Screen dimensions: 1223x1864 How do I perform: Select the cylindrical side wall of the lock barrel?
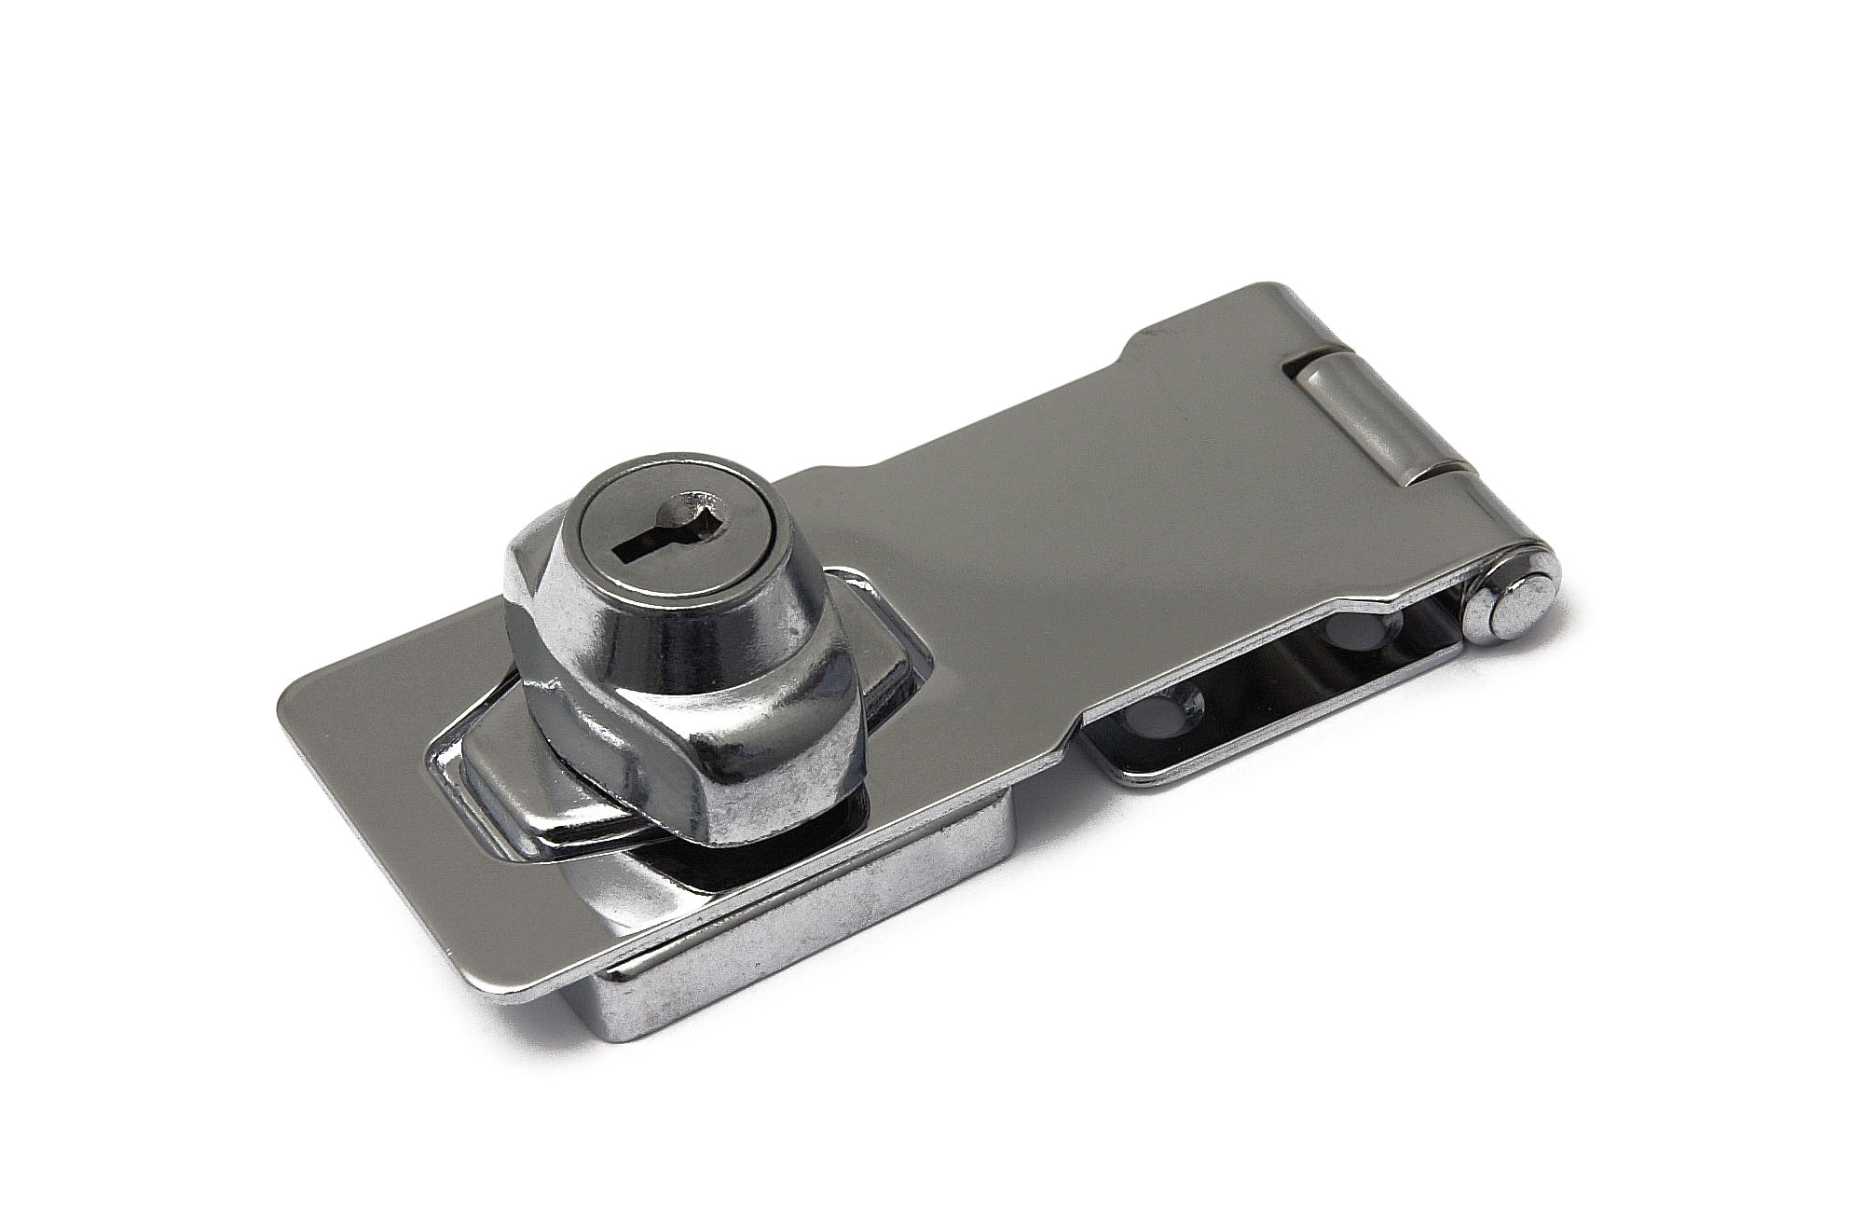pyautogui.click(x=652, y=634)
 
